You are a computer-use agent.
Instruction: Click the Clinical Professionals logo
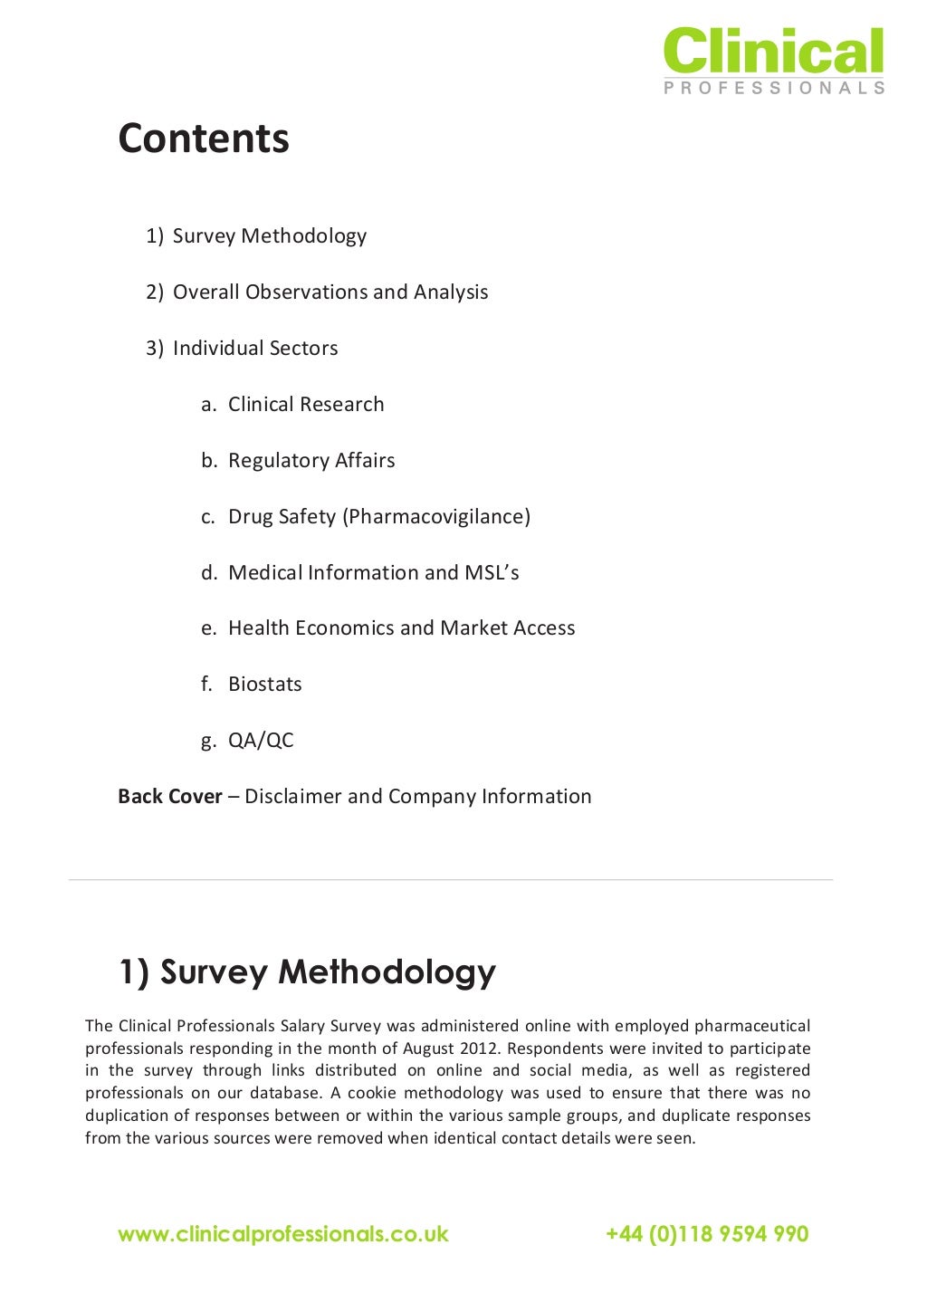click(x=773, y=60)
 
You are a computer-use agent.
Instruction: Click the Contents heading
click(x=204, y=139)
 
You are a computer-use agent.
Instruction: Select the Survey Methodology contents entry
click(x=269, y=236)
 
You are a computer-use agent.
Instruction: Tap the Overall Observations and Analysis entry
click(x=330, y=292)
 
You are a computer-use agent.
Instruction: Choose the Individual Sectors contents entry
click(x=255, y=349)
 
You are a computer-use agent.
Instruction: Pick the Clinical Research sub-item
click(x=306, y=405)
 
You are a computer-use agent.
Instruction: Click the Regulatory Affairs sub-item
click(x=311, y=461)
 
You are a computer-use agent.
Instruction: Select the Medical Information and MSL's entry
click(x=373, y=573)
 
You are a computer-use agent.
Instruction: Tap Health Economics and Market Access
click(x=401, y=628)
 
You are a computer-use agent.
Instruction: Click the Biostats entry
click(x=264, y=685)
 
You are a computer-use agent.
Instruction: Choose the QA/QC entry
click(x=261, y=741)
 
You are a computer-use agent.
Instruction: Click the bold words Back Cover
click(x=170, y=797)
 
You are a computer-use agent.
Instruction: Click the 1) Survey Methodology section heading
click(x=307, y=972)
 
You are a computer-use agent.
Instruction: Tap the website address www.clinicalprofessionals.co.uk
click(x=283, y=1234)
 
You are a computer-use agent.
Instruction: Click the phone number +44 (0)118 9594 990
click(x=707, y=1234)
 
